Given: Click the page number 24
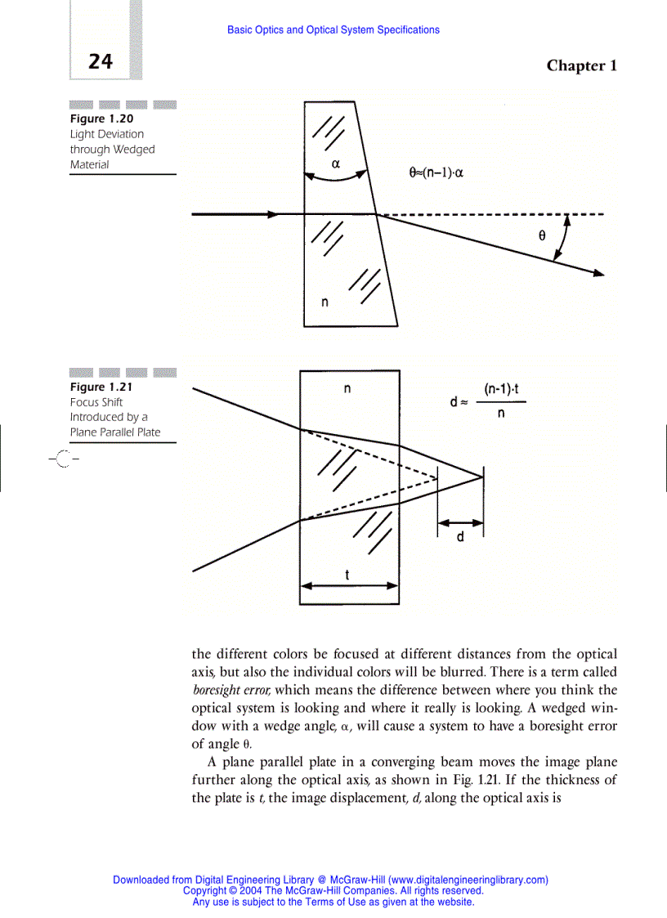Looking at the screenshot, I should point(100,61).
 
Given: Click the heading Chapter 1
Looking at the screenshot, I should point(581,65).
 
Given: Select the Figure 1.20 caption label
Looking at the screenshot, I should point(101,119).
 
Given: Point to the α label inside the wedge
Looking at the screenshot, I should point(335,163).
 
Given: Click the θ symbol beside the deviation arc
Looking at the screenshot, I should point(541,235).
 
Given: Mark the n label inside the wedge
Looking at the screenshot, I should point(325,302).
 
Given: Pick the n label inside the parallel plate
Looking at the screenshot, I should point(347,389).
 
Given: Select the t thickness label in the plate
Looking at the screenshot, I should point(347,575).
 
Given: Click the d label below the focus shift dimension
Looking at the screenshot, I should point(459,538).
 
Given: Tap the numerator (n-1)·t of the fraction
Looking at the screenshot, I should point(501,390).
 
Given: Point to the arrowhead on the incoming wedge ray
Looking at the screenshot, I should point(272,214).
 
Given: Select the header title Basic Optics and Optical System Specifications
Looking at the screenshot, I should point(333,30).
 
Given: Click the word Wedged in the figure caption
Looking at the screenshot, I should point(134,150).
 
